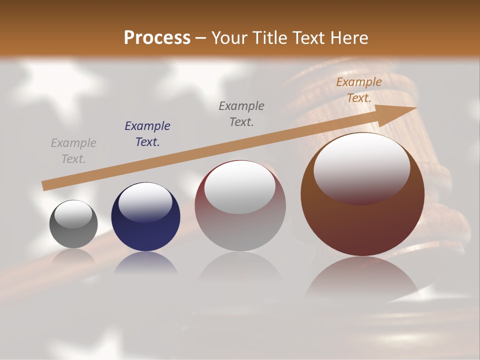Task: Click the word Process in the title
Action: [157, 37]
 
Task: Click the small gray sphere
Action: [73, 224]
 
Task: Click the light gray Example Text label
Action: [73, 151]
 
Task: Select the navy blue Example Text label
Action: [147, 134]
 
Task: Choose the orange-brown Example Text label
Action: [359, 90]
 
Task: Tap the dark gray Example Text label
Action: [241, 113]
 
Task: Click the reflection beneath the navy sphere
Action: [145, 263]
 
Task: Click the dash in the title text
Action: [201, 38]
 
